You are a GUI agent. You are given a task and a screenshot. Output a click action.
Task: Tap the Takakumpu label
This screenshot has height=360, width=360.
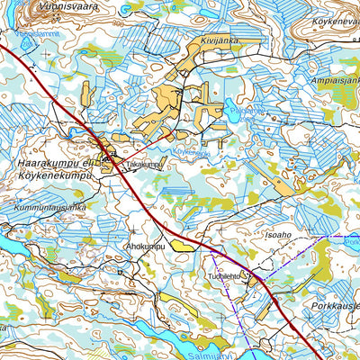click(145, 166)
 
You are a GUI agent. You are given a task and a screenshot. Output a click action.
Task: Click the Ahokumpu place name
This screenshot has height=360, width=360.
click(145, 245)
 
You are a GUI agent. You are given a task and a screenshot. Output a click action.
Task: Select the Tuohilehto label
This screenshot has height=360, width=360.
click(226, 276)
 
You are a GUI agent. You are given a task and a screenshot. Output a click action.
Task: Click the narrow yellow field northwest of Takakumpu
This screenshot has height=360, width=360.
click(87, 94)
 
